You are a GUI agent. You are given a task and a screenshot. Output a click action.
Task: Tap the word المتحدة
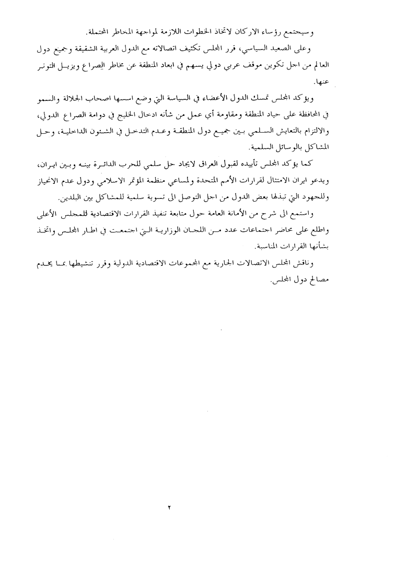tap(217, 182)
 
